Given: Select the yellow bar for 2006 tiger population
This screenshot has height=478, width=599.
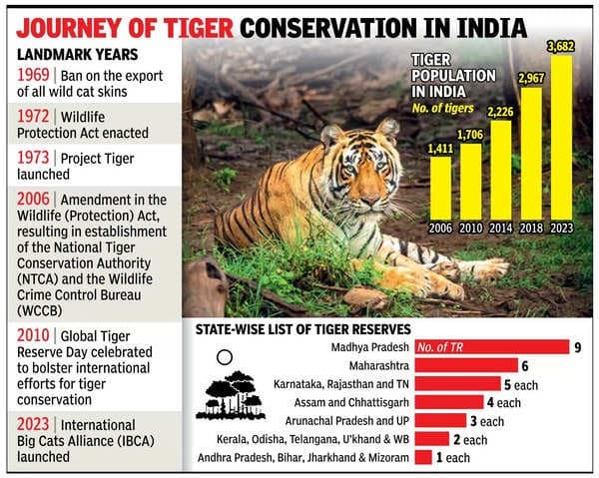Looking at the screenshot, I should pyautogui.click(x=440, y=190).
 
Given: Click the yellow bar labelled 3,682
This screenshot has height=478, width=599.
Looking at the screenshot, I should pyautogui.click(x=561, y=140).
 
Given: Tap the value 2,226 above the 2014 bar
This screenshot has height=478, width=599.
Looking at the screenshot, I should pyautogui.click(x=500, y=112).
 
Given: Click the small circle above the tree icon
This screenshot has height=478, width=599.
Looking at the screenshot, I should pyautogui.click(x=225, y=354).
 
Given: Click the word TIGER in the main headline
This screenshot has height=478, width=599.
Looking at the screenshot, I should pyautogui.click(x=191, y=21).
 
